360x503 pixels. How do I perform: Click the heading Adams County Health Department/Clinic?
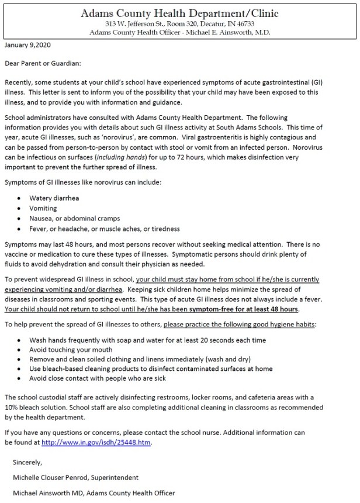pyautogui.click(x=179, y=13)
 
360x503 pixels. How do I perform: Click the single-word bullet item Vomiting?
pyautogui.click(x=44, y=208)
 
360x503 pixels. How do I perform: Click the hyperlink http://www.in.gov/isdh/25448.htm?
pyautogui.click(x=96, y=442)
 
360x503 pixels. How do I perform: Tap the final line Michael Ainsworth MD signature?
pyautogui.click(x=94, y=493)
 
